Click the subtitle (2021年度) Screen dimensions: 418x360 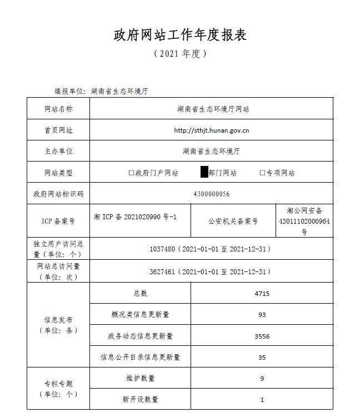point(180,54)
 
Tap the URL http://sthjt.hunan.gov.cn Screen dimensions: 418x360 point(211,130)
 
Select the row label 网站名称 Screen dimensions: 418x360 point(58,109)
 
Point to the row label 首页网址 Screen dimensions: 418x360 point(58,130)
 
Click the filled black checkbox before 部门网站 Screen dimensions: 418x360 point(204,173)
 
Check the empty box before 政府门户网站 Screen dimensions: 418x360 point(131,173)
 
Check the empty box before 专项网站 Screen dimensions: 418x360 point(262,173)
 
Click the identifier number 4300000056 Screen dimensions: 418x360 point(211,194)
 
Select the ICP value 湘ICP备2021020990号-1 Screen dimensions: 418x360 point(135,216)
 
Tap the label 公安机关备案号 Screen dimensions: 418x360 point(233,221)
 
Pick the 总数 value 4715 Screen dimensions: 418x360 point(262,294)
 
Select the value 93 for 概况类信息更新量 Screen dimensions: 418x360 point(262,315)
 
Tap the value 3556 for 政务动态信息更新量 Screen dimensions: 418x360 point(262,336)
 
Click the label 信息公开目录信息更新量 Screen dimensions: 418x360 point(140,357)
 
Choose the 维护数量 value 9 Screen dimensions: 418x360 point(262,379)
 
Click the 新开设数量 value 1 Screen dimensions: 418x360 point(262,400)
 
